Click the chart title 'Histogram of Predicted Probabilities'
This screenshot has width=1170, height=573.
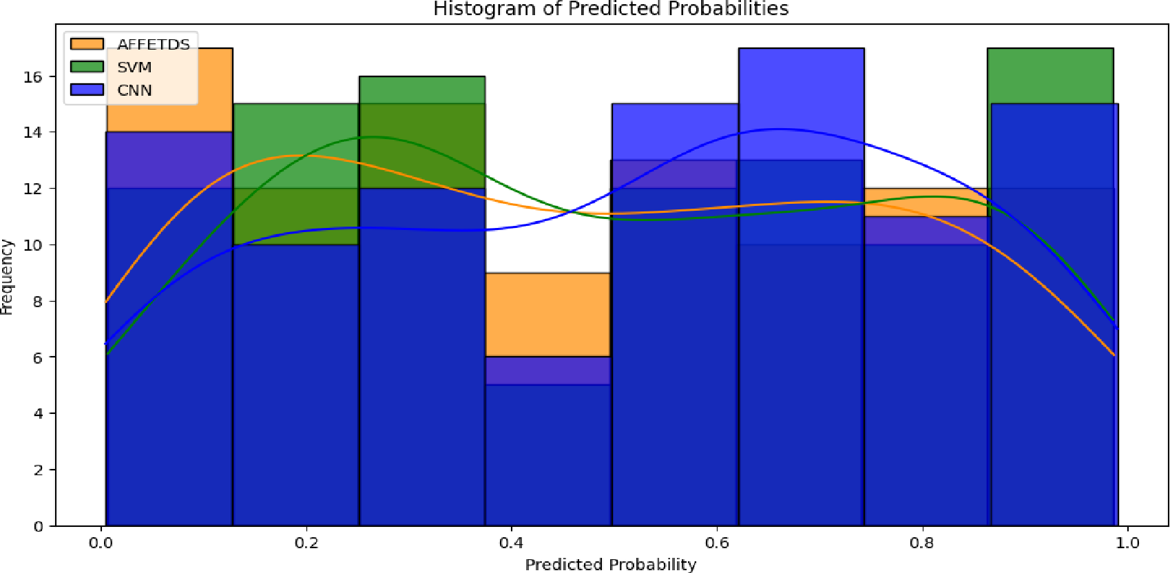pos(610,9)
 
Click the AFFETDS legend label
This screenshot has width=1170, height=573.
pos(153,45)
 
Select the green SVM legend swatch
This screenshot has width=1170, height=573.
pos(87,67)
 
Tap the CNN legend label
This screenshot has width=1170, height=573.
pos(134,90)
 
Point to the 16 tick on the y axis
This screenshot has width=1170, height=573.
pos(33,76)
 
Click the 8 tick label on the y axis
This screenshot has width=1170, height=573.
pos(38,302)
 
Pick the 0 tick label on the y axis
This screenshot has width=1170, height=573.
pos(38,527)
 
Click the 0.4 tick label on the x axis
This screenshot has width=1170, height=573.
pos(511,543)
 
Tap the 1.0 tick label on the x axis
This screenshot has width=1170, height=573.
pos(1127,543)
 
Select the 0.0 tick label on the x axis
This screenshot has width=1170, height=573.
pos(101,543)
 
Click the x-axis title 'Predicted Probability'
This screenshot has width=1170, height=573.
pos(610,565)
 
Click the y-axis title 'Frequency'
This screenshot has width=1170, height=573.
pos(7,277)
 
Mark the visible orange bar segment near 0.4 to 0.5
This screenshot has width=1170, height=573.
pos(547,313)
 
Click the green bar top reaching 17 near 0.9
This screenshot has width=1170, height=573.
pos(1050,50)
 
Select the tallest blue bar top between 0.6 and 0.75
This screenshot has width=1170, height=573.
pos(801,50)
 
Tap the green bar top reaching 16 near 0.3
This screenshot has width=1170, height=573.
pos(421,78)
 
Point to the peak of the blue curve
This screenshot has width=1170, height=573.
pos(777,129)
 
